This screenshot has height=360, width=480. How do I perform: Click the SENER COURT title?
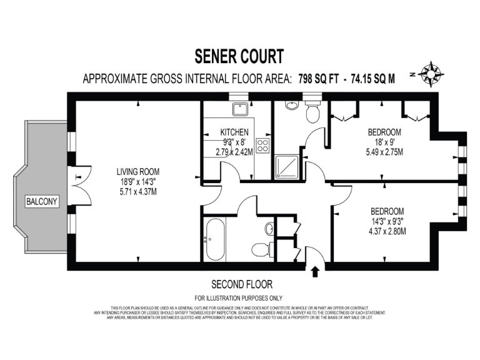point(240,56)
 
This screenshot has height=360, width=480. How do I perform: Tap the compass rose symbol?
point(431,74)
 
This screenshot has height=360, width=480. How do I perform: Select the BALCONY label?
point(41,201)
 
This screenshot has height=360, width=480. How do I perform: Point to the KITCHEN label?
point(234,132)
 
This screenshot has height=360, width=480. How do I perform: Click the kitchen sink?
point(240,110)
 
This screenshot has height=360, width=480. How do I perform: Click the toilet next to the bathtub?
point(262,249)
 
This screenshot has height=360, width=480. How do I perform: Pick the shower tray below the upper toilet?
point(287,166)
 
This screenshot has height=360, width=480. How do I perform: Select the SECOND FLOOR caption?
point(242,284)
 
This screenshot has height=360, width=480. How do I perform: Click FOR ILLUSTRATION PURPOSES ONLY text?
point(239,297)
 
